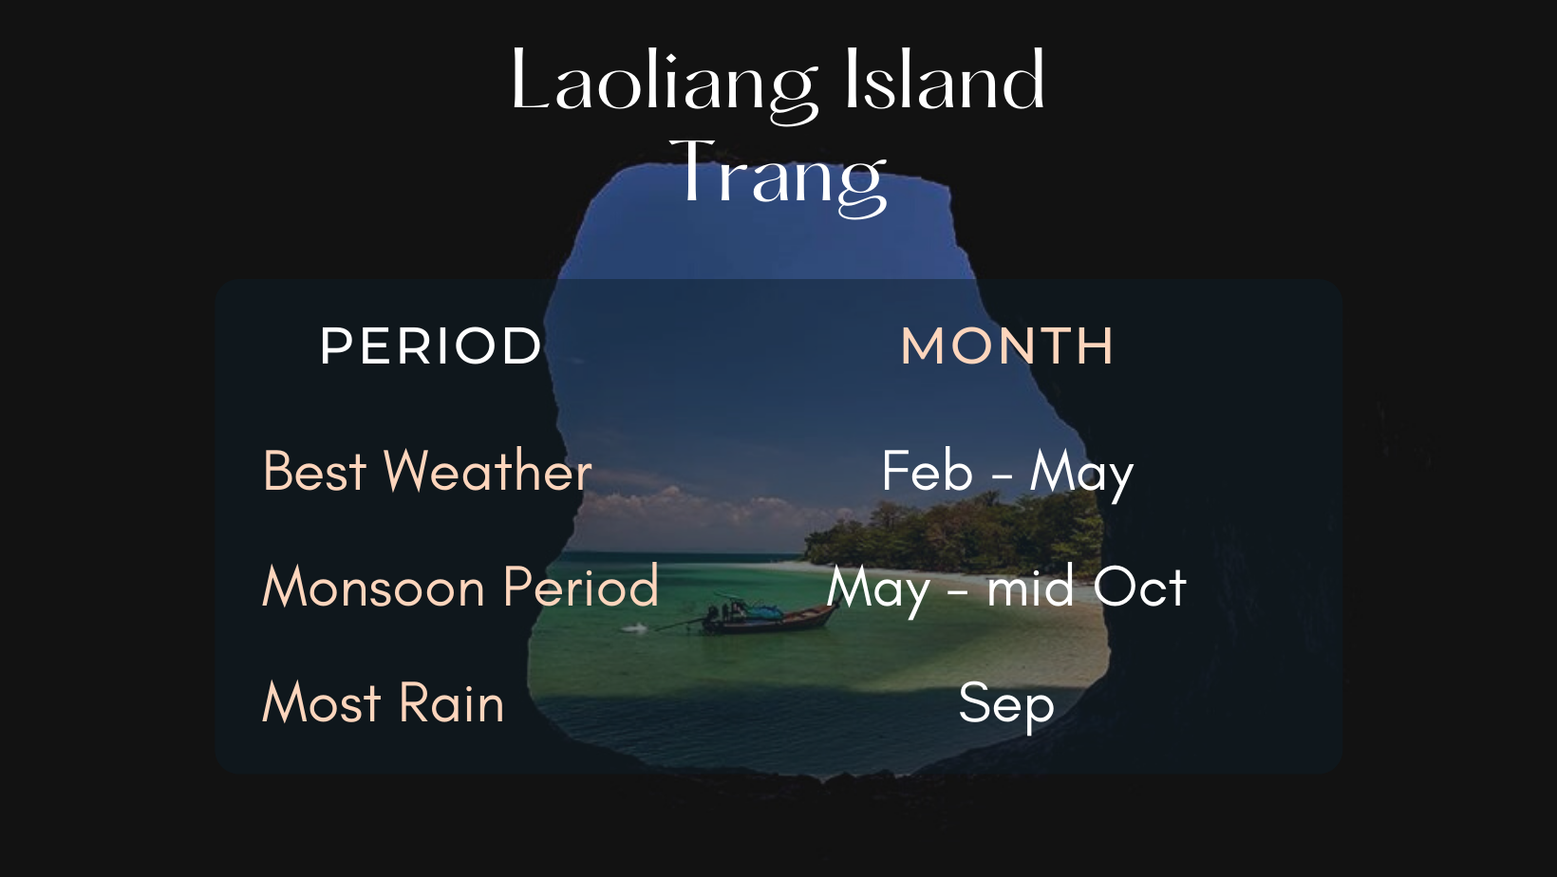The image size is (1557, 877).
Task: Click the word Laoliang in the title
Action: (x=663, y=87)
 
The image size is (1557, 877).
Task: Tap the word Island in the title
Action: (x=944, y=79)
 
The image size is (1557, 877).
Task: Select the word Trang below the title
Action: (x=778, y=177)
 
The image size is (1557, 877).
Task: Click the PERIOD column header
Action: (x=430, y=345)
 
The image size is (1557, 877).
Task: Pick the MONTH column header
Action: (x=1006, y=345)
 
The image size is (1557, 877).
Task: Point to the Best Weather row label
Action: (x=427, y=471)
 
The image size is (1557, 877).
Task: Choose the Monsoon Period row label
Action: (x=460, y=587)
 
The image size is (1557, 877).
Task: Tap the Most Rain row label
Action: (x=383, y=702)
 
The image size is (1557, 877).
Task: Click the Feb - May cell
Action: (x=1007, y=474)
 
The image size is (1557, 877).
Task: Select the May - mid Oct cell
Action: (x=1005, y=589)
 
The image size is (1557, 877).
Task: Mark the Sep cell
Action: (x=1005, y=706)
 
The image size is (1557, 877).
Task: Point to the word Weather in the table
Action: (x=488, y=471)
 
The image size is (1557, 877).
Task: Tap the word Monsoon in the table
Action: (x=373, y=587)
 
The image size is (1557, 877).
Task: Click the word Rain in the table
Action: (x=451, y=702)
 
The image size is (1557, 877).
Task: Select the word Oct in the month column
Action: (x=1139, y=587)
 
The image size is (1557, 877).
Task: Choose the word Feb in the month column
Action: (x=928, y=471)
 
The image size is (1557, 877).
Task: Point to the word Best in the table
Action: (x=315, y=471)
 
